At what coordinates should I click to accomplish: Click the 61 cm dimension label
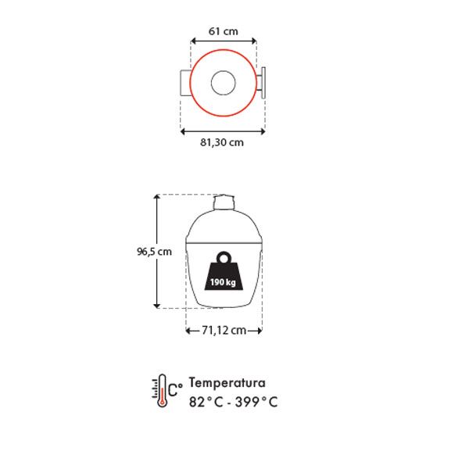[223, 31]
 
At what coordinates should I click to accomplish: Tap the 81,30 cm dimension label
[222, 142]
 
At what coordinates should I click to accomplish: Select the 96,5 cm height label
[154, 252]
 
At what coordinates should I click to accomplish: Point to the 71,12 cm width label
[224, 330]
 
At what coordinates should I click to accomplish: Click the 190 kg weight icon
[224, 270]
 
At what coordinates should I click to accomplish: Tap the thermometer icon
[159, 390]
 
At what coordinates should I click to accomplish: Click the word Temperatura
[227, 382]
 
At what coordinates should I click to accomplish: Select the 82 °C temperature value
[206, 402]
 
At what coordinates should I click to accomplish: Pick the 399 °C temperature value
[256, 402]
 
